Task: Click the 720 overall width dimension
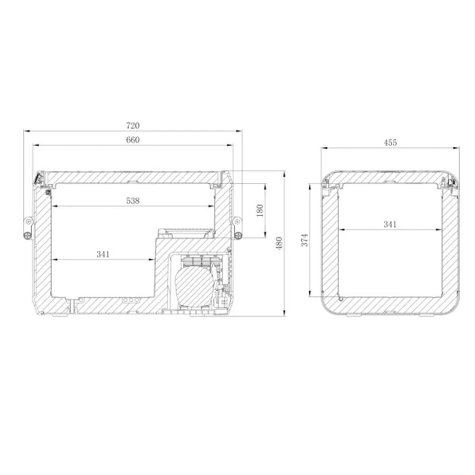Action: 133,126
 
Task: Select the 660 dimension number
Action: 133,140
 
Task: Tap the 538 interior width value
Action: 133,200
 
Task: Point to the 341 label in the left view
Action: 103,254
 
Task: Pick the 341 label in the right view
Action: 389,224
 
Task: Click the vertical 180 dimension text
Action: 259,210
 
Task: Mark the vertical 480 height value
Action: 279,243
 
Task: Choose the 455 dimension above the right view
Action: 390,142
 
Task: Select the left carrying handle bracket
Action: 29,228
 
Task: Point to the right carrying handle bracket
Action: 237,227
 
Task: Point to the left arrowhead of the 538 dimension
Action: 54,206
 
